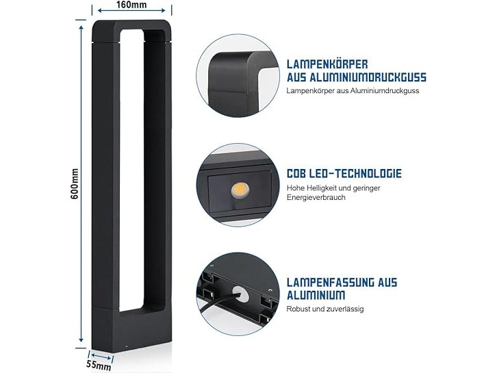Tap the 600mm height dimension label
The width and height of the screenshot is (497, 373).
(75, 184)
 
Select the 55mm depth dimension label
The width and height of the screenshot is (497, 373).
(99, 365)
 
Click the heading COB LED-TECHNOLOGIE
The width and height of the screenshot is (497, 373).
(344, 174)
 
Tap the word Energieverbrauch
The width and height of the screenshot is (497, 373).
(316, 197)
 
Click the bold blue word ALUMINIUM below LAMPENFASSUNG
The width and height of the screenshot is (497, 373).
(316, 295)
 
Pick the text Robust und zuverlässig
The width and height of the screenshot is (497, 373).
(325, 309)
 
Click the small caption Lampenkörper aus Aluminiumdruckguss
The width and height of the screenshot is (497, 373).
(353, 90)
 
